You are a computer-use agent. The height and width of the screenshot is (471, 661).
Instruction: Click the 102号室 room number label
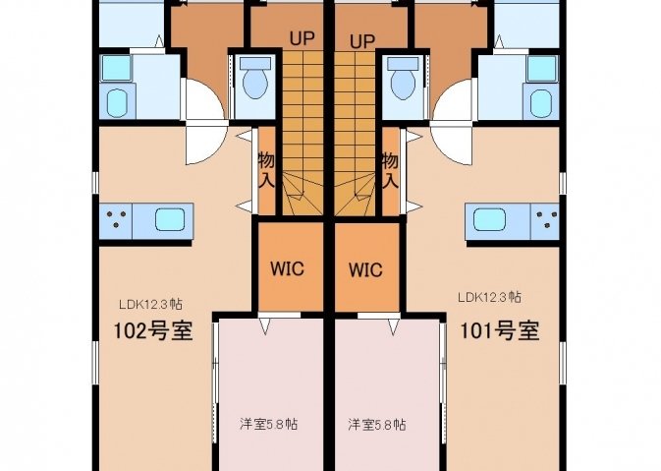(x=153, y=331)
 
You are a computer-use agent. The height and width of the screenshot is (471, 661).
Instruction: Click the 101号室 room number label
(x=500, y=331)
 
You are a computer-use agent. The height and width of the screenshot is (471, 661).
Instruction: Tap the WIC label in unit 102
(x=287, y=268)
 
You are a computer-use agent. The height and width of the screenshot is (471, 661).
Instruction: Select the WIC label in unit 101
(x=366, y=269)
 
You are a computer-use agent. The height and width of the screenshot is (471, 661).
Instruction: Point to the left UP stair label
(x=302, y=38)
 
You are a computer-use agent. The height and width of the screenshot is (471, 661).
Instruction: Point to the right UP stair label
(x=362, y=41)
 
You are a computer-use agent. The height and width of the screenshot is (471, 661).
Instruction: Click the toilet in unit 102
(x=255, y=79)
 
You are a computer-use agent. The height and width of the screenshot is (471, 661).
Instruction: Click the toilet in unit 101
(x=403, y=79)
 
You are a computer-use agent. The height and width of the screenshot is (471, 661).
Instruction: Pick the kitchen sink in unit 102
(x=170, y=220)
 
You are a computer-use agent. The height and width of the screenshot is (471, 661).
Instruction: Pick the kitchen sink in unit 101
(x=489, y=220)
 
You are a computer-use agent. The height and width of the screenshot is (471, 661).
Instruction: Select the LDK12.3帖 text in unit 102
(x=150, y=304)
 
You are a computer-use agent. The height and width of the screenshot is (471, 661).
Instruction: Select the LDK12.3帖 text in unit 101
(x=489, y=297)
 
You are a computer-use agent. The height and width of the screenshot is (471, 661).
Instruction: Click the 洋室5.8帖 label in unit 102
(x=268, y=423)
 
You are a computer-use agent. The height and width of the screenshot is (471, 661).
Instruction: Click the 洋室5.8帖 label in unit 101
(x=377, y=424)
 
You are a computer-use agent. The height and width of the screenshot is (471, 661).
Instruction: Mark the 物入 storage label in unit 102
(x=266, y=170)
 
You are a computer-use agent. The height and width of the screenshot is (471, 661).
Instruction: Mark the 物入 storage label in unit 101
(x=390, y=170)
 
